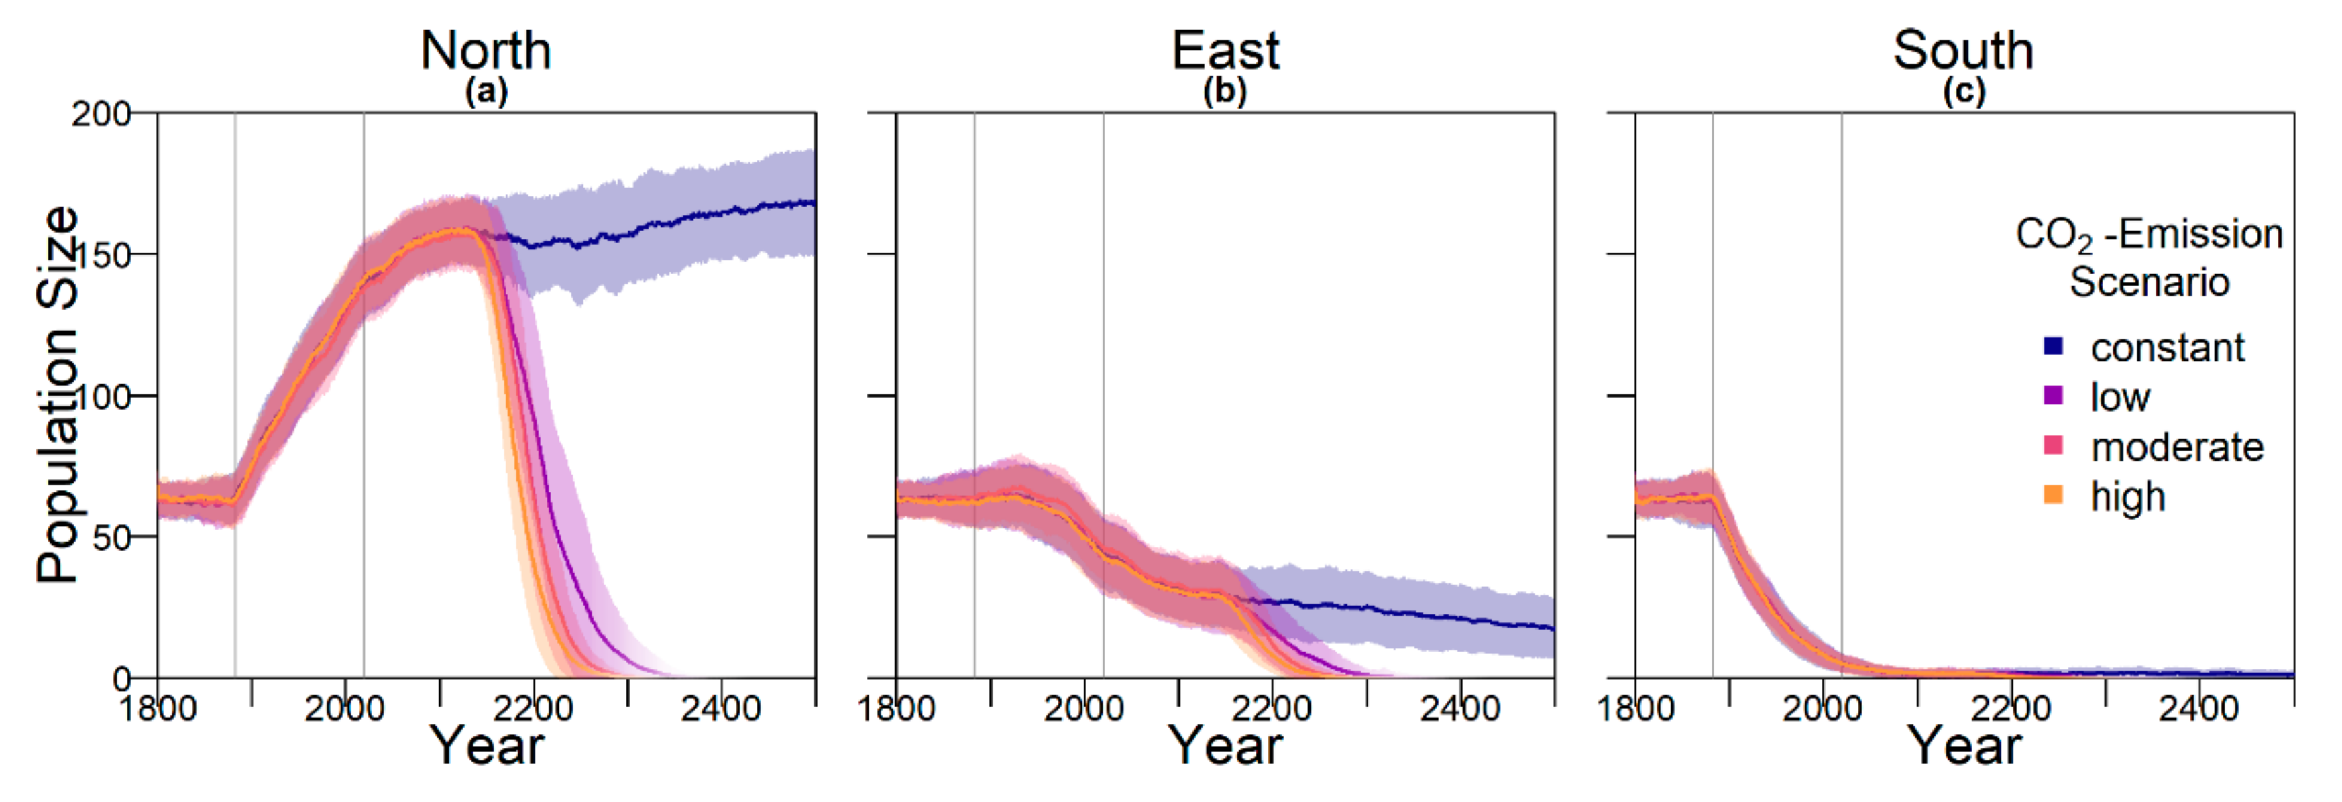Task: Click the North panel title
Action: click(x=486, y=50)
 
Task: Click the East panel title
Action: click(x=1225, y=50)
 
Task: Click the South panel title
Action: click(x=1963, y=50)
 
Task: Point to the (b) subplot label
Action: click(x=1225, y=91)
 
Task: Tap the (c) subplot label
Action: click(x=1964, y=91)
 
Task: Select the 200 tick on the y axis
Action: click(x=101, y=115)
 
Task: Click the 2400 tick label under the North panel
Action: click(x=721, y=708)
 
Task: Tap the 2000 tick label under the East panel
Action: click(x=1084, y=708)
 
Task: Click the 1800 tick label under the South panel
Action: click(x=1636, y=708)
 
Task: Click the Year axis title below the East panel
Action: click(x=1225, y=746)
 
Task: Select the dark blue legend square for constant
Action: click(x=2053, y=345)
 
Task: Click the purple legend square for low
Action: click(x=2053, y=395)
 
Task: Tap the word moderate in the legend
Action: click(x=2176, y=447)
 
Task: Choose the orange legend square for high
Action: click(x=2053, y=495)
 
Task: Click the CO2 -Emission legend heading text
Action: click(x=2148, y=235)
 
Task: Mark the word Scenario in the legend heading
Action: click(x=2150, y=282)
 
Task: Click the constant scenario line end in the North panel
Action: click(x=812, y=203)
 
